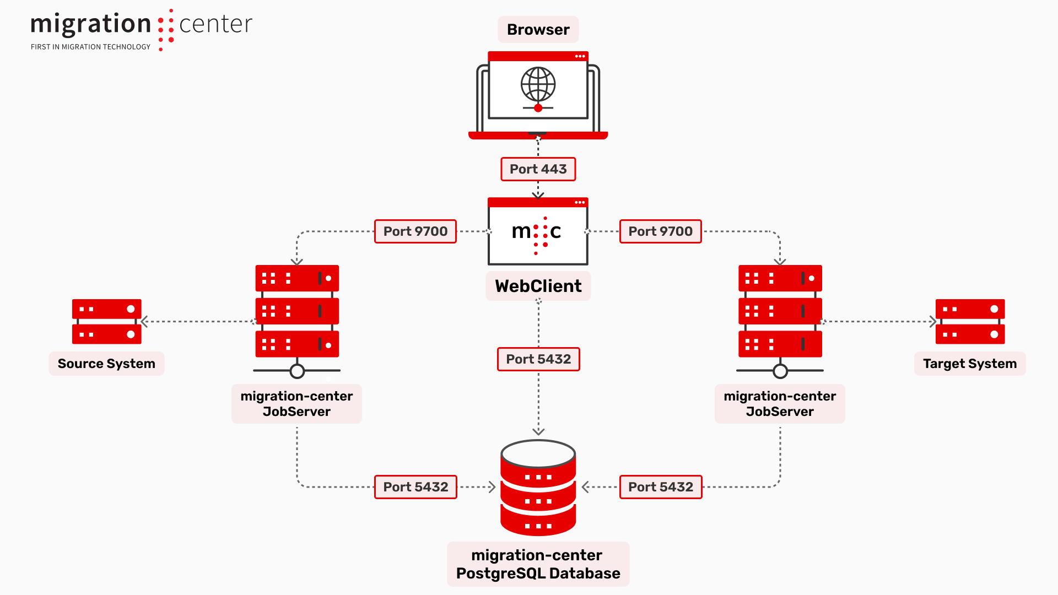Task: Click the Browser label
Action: click(538, 30)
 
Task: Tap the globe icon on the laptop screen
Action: click(538, 85)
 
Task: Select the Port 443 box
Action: click(538, 169)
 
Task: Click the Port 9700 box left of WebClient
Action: click(415, 231)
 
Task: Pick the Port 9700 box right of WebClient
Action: click(660, 231)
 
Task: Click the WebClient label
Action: click(538, 286)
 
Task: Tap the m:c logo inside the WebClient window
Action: click(537, 232)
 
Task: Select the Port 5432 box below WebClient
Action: click(538, 359)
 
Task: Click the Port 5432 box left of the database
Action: click(415, 487)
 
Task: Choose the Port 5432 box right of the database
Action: click(661, 487)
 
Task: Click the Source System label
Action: click(106, 364)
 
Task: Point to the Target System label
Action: click(970, 364)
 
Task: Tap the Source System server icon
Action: click(107, 322)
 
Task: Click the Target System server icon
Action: click(970, 322)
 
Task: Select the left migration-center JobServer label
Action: click(296, 404)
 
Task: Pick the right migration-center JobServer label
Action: click(780, 404)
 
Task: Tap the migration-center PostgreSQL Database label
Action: click(538, 564)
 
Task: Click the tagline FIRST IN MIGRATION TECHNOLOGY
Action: click(90, 47)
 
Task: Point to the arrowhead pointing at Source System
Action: click(144, 322)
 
